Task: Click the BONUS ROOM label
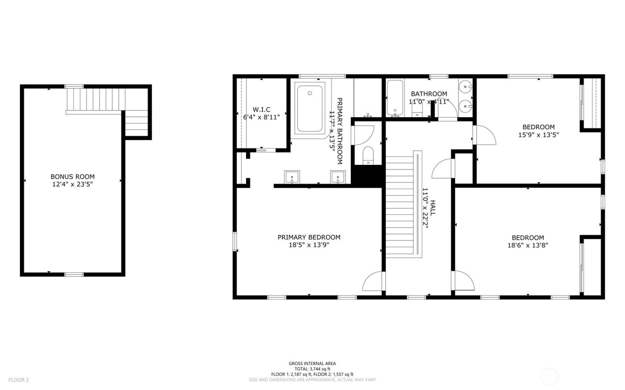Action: pos(72,177)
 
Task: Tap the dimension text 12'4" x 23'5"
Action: pos(72,184)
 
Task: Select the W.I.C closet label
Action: pos(261,110)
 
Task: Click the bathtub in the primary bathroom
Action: pos(310,109)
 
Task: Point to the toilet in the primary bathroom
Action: pos(368,156)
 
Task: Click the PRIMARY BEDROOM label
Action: pos(309,237)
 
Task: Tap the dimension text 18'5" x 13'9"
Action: pos(309,245)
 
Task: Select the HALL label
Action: pos(433,208)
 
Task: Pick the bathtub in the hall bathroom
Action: pos(395,98)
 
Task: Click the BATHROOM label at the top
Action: pos(429,94)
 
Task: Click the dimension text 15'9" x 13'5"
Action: pos(538,134)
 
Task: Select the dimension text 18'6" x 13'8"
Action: pos(528,245)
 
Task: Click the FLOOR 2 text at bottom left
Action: pos(18,380)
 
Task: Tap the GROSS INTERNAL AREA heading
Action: pos(312,364)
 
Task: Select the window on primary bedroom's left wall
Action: pos(234,241)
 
